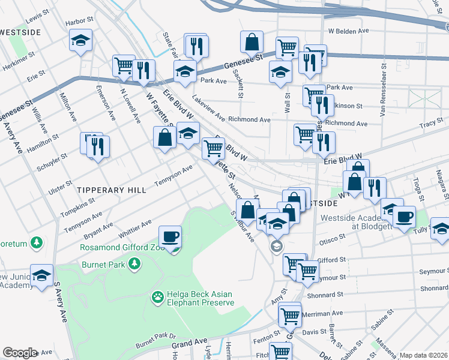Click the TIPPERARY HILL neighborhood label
(x=112, y=190)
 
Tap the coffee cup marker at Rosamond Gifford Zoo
(x=170, y=237)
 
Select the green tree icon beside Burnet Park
(x=136, y=263)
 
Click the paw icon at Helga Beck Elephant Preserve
(x=158, y=296)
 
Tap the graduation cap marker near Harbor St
(x=80, y=40)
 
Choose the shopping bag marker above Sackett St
(x=252, y=42)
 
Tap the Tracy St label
(x=431, y=124)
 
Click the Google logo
(x=20, y=352)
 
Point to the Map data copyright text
(x=424, y=355)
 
